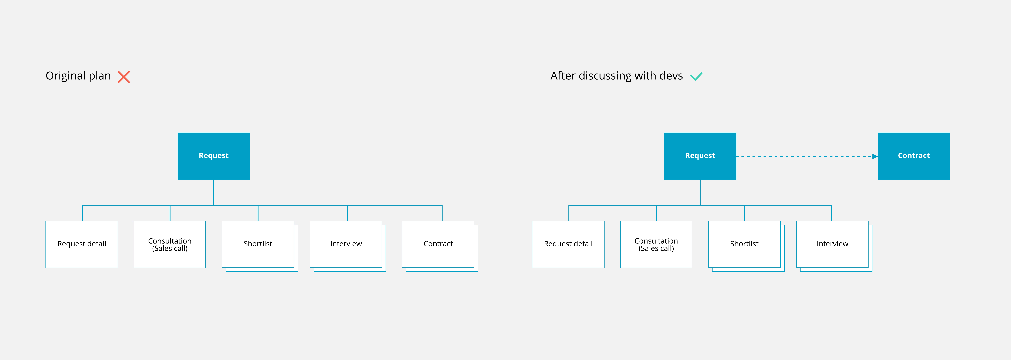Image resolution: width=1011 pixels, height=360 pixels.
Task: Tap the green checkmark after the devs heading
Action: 696,77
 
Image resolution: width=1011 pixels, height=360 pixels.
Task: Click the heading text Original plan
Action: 78,76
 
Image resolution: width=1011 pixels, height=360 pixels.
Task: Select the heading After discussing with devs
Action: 617,76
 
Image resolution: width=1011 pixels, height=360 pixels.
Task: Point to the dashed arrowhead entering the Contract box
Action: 875,156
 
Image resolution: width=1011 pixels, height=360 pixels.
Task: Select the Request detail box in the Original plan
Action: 82,244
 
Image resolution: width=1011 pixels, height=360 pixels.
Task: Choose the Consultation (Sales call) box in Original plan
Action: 170,244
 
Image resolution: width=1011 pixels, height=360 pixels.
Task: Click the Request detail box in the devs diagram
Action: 568,244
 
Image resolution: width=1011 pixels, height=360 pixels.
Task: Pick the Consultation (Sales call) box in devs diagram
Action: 656,244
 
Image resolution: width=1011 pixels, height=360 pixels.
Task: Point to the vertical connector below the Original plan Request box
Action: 213,192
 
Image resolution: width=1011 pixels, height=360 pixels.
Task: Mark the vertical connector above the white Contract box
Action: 442,213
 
